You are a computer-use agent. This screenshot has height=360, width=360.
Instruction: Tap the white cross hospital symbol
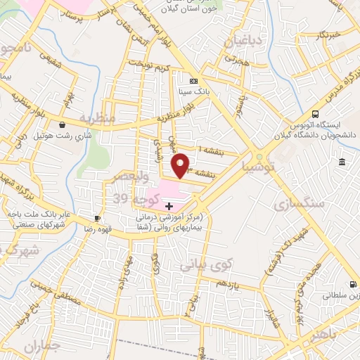[x=169, y=206]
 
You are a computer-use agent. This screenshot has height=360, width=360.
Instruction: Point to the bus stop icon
[x=316, y=114]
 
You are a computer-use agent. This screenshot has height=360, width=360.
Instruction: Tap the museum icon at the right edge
[x=342, y=162]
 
